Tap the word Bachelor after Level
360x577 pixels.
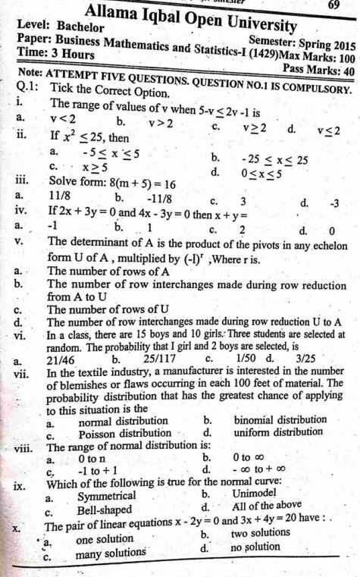click(x=79, y=27)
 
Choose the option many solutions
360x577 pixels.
click(x=110, y=556)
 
